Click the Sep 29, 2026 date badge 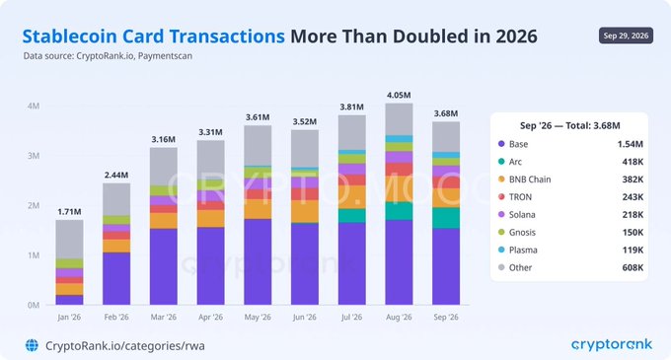[626, 36]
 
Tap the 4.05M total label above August [399, 96]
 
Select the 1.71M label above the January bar [69, 212]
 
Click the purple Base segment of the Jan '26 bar [69, 300]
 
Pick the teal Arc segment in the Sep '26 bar [446, 218]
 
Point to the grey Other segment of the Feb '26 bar [116, 199]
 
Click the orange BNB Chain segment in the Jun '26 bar [305, 211]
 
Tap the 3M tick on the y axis [34, 156]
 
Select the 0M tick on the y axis [34, 306]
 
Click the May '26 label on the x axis [258, 318]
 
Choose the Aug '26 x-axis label [399, 318]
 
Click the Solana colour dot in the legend [501, 214]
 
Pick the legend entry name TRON [520, 197]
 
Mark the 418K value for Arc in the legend [633, 162]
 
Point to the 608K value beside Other [633, 267]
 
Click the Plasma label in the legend [523, 251]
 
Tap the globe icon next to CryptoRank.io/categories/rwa [32, 345]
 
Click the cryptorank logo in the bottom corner [612, 344]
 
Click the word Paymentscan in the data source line [165, 56]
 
